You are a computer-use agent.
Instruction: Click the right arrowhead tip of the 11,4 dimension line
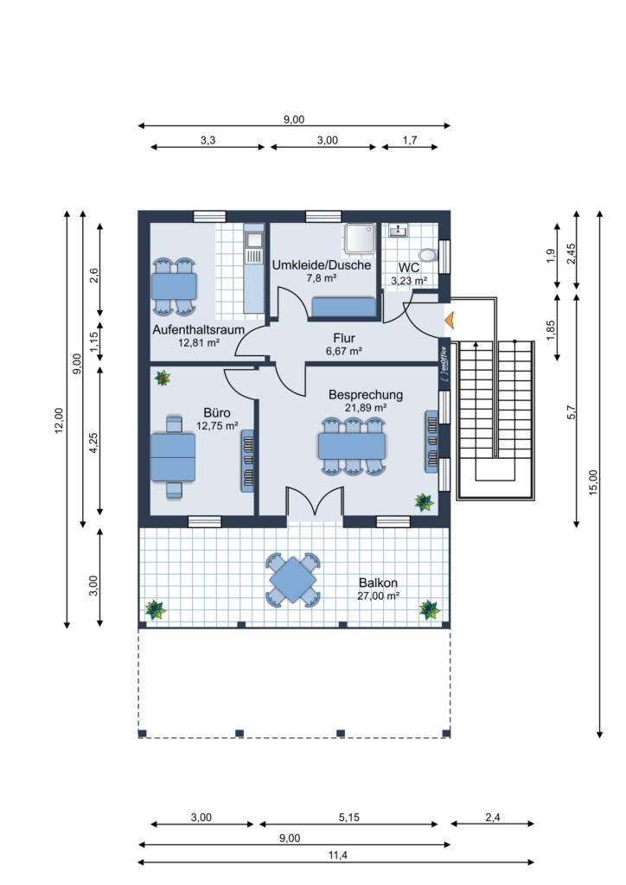[x=534, y=863]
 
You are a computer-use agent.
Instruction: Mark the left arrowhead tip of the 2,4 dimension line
[x=450, y=824]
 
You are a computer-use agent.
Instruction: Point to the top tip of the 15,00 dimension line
[x=599, y=211]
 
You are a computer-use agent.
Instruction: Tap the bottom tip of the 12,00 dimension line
[x=67, y=628]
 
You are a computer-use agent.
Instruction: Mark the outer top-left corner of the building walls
[x=138, y=211]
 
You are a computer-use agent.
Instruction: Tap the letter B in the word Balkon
[x=362, y=583]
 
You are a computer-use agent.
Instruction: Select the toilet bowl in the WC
[x=429, y=255]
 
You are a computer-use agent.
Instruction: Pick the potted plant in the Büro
[x=163, y=378]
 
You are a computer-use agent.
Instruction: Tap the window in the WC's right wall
[x=444, y=258]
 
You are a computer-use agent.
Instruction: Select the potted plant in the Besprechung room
[x=424, y=502]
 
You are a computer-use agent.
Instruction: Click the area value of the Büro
[x=217, y=426]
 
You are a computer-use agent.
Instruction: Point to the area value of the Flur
[x=344, y=351]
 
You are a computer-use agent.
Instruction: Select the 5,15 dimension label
[x=348, y=818]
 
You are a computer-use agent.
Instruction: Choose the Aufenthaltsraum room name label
[x=198, y=329]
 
